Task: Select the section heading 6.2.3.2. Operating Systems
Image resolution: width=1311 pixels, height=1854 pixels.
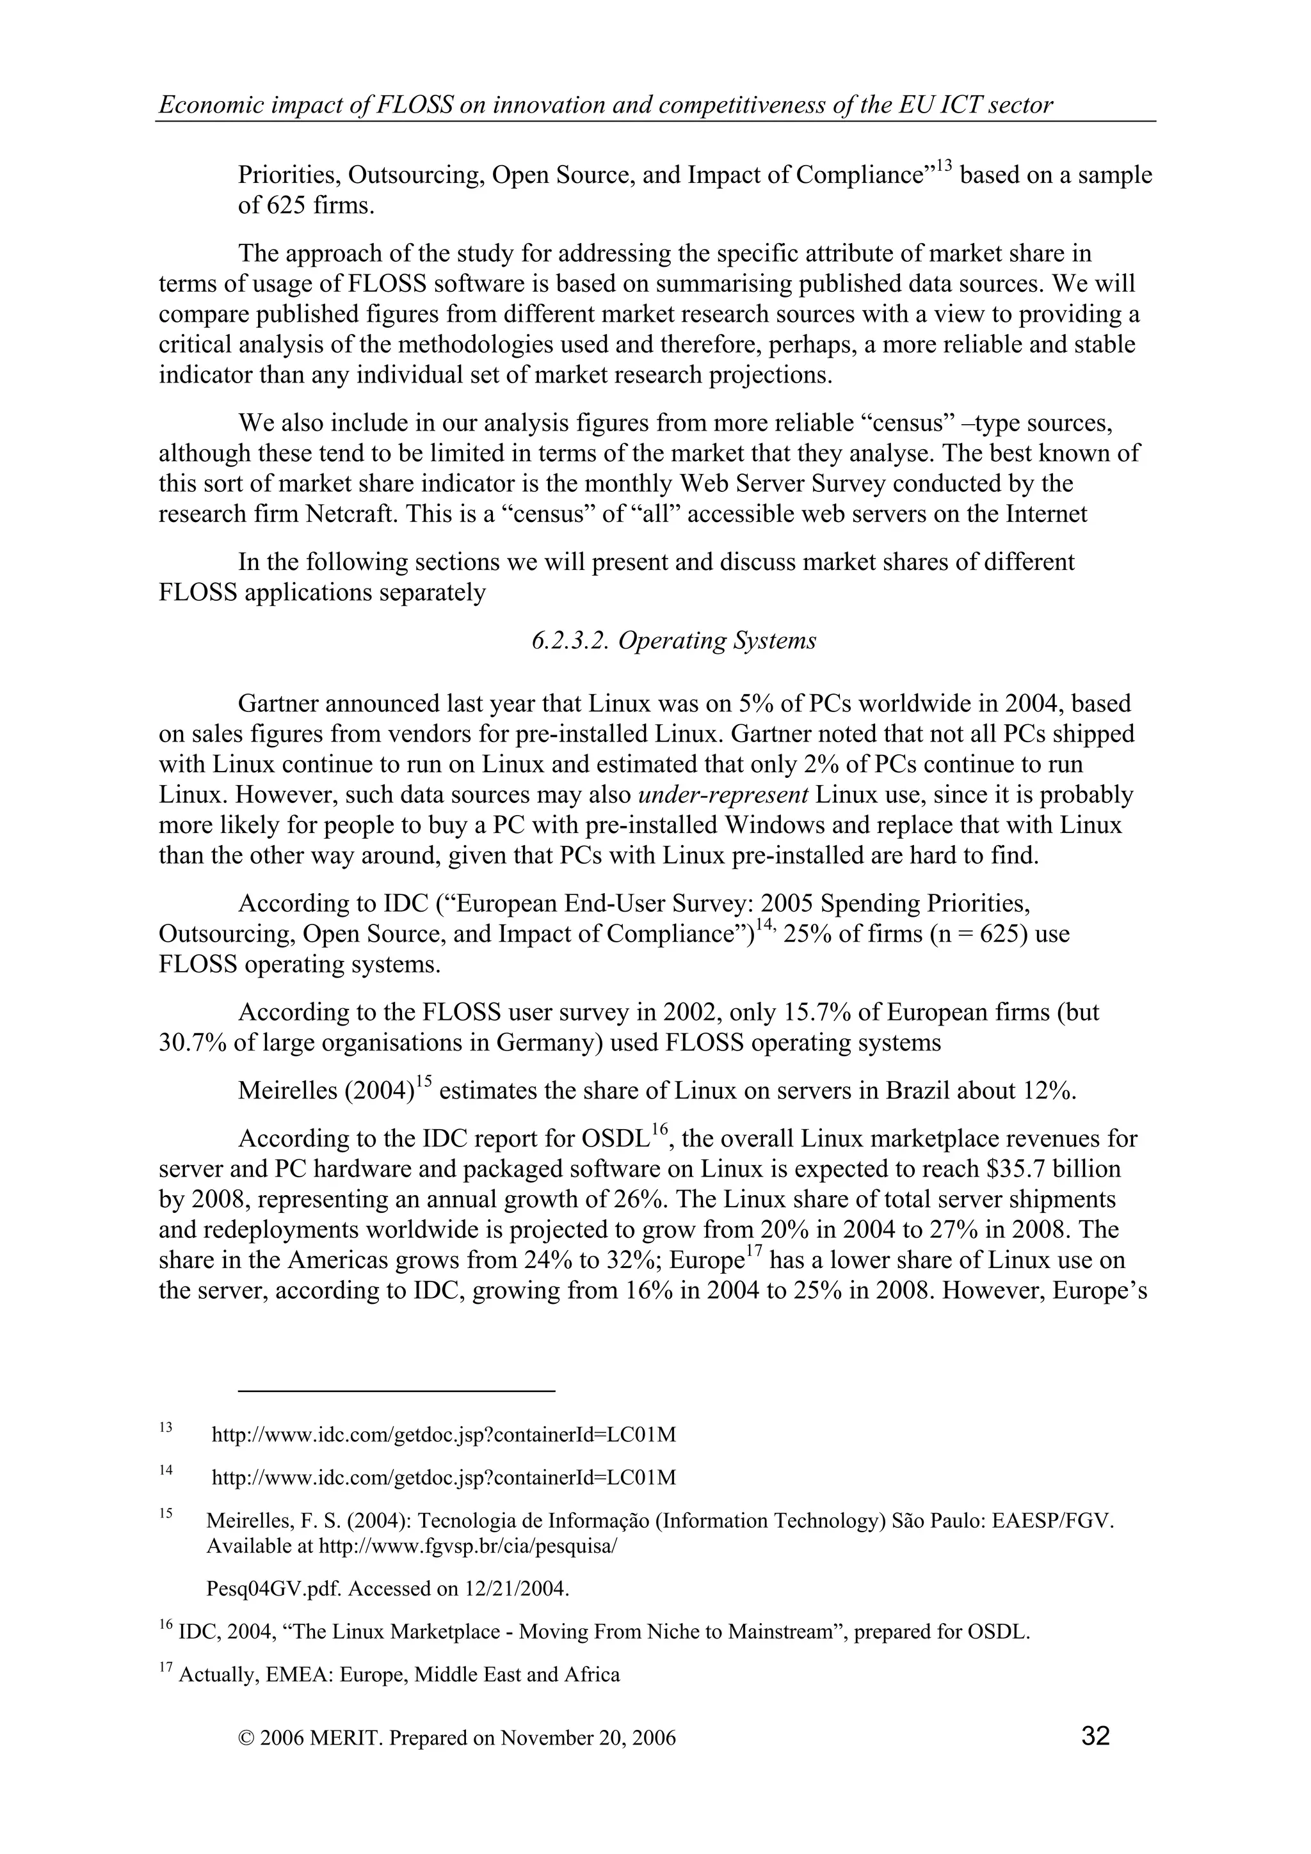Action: [673, 640]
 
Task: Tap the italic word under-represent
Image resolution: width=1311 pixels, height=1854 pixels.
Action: [723, 795]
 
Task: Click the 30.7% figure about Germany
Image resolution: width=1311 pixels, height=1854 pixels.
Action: [192, 1042]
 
